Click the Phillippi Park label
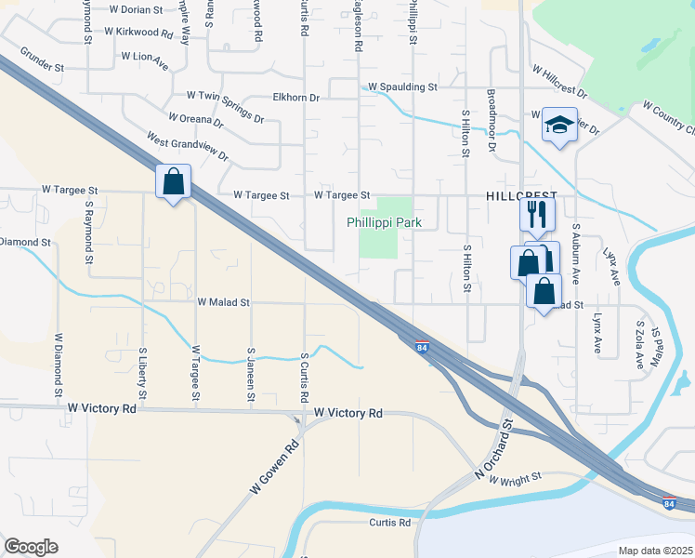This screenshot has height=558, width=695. coord(385,223)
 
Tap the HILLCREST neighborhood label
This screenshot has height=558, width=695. coord(521,197)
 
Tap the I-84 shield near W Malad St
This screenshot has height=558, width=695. coord(422,347)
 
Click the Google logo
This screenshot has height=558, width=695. coord(31,547)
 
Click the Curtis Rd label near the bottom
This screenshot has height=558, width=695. coord(389,523)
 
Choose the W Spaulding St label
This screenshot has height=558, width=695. coord(402,87)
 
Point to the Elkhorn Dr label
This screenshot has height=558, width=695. coord(295,97)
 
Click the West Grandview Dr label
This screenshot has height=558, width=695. coord(187,145)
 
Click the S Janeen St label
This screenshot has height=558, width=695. coord(251,375)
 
